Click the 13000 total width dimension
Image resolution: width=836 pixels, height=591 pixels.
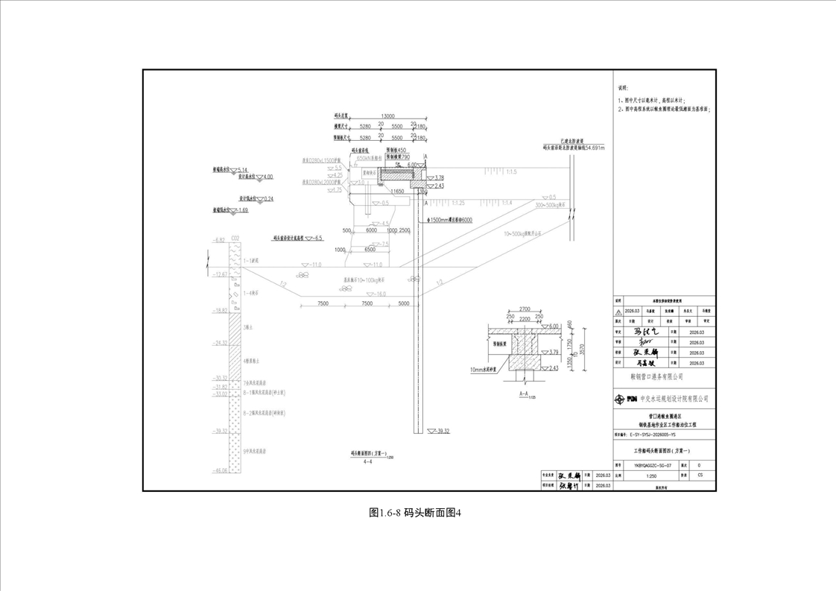[387, 116]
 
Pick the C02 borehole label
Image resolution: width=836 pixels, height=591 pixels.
[235, 239]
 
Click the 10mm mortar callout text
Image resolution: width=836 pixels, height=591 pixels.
[486, 369]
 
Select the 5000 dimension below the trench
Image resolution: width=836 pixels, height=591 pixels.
[404, 304]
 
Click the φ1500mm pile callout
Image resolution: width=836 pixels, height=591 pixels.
[450, 221]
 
